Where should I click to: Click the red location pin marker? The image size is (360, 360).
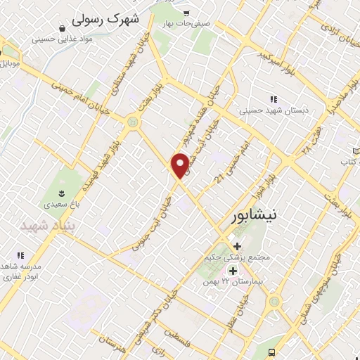point(181,165)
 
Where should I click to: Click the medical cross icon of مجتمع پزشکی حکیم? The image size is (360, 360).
point(237,246)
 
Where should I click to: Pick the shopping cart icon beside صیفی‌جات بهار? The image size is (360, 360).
point(185,13)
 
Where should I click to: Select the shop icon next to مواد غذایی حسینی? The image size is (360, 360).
point(64,28)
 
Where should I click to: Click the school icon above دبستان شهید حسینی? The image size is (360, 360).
point(273,99)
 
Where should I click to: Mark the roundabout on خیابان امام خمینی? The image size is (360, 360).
point(132,123)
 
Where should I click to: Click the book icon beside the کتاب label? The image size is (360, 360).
point(355,151)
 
